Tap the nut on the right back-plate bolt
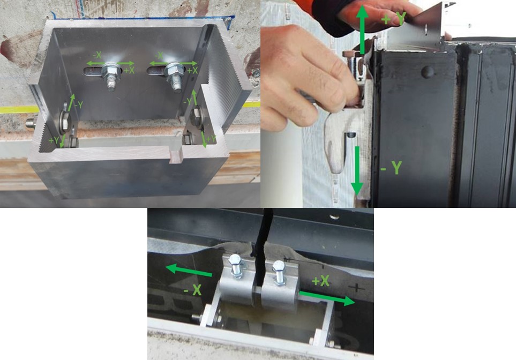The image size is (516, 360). point(174,70)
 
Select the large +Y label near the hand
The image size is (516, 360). point(394,19)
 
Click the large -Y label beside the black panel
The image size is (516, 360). point(391,168)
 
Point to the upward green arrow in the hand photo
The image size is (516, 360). point(362,29)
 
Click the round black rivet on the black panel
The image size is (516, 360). point(427,72)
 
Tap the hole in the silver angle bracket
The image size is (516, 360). point(426,30)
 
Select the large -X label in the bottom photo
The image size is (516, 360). point(193,290)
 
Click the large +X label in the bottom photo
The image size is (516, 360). point(320,281)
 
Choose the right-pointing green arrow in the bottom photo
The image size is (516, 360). point(327,298)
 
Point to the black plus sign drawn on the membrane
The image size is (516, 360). point(356,288)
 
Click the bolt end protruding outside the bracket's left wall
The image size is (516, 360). point(31,123)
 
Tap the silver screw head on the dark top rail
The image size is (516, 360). point(334,216)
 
